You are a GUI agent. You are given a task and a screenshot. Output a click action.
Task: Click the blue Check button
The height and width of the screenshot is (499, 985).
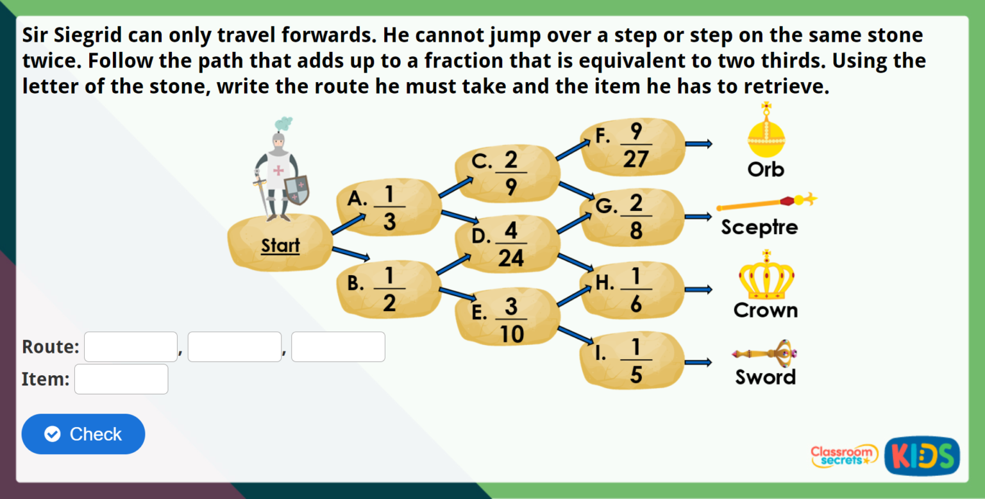[x=83, y=434]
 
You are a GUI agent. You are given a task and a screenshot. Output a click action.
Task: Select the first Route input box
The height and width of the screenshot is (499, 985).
[x=131, y=347]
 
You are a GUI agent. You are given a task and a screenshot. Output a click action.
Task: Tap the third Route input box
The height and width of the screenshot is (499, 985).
[x=338, y=347]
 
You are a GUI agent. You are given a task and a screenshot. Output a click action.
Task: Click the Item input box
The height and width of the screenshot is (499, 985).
[x=121, y=379]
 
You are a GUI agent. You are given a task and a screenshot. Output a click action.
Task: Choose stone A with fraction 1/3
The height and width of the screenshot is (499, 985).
[x=389, y=207]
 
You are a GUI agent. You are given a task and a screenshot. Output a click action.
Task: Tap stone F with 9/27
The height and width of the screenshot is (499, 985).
[x=632, y=144]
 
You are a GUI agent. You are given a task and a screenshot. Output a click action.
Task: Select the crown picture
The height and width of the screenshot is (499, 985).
[x=766, y=276]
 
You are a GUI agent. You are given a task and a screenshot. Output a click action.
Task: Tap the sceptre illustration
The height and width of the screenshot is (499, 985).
[x=766, y=202]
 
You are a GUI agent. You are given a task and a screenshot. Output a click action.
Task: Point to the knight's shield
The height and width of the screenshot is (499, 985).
[x=296, y=190]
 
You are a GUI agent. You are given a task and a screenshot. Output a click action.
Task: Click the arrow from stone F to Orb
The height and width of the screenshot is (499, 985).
[x=698, y=144]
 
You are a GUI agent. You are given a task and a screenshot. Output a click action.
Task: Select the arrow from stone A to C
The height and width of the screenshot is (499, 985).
[x=455, y=187]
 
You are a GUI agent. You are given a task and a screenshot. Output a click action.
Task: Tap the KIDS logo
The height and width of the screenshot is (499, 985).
[x=922, y=456]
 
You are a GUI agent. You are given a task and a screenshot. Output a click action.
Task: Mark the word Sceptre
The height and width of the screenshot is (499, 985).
[x=759, y=228]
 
